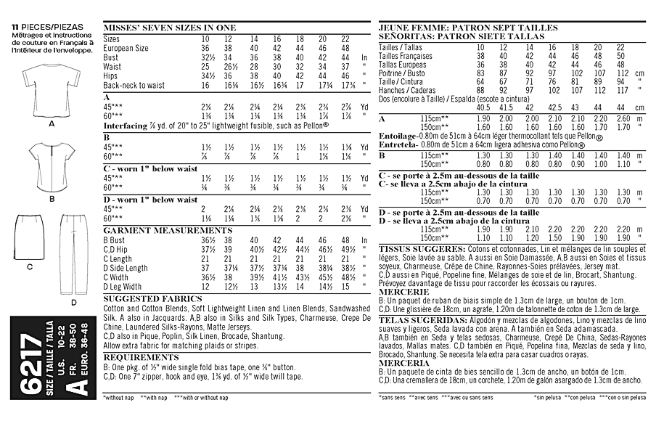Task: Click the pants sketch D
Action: tap(72, 254)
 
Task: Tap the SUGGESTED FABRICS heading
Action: tap(142, 298)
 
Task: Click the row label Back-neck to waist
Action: tap(134, 85)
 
